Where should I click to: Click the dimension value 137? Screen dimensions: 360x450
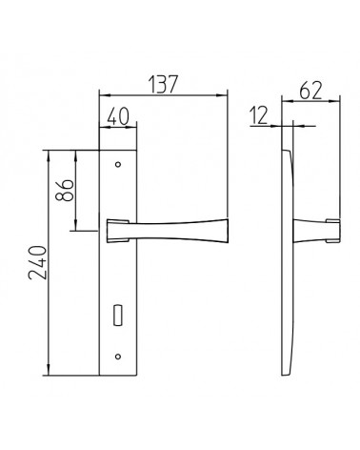point(162,84)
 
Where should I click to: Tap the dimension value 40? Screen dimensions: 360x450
point(118,116)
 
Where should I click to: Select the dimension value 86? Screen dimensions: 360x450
point(65,190)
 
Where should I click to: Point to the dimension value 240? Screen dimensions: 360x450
point(37,262)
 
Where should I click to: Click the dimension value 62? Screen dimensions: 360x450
point(310,91)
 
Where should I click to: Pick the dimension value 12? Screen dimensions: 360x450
point(259,115)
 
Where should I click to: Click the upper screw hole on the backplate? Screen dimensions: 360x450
point(118,165)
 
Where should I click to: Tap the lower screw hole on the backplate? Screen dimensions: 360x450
point(118,357)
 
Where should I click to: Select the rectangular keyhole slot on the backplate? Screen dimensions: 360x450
point(117,315)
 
